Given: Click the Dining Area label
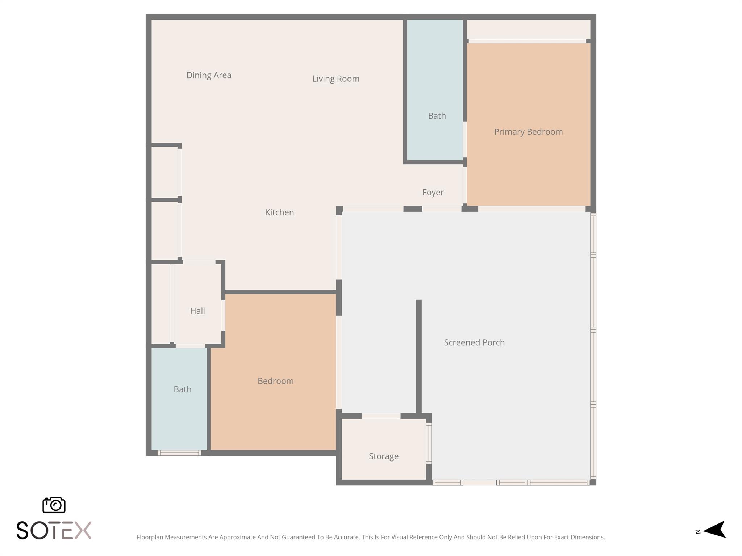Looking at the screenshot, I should (209, 75).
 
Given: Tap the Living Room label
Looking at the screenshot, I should (335, 79).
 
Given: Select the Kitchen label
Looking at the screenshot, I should (279, 212).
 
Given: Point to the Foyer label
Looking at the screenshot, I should (433, 192).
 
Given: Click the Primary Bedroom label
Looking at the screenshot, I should (528, 132).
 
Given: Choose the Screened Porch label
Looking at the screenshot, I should (474, 342).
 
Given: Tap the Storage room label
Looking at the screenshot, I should (384, 456).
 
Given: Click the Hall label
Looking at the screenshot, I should (197, 311).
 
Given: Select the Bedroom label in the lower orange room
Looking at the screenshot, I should (275, 381).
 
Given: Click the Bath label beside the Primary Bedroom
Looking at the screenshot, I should (437, 116).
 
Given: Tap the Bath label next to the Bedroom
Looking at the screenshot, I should (182, 389).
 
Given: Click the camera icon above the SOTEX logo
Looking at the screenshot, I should (54, 505).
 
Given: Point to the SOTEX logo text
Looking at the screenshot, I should (54, 531).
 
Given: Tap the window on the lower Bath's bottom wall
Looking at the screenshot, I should (179, 453).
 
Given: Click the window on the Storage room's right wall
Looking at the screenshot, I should (429, 443).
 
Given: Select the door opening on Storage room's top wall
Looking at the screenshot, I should (381, 416).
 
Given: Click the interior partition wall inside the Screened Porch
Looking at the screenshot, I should (418, 357).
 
